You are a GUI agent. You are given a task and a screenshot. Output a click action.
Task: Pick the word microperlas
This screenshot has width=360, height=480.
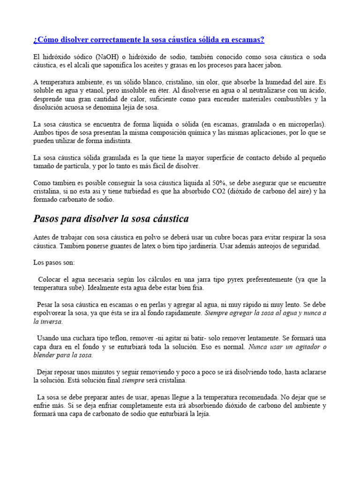tap(305, 124)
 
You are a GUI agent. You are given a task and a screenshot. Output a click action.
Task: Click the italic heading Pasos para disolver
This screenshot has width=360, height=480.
tap(111, 219)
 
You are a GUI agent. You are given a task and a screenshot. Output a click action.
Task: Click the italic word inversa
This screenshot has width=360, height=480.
tap(52, 322)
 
